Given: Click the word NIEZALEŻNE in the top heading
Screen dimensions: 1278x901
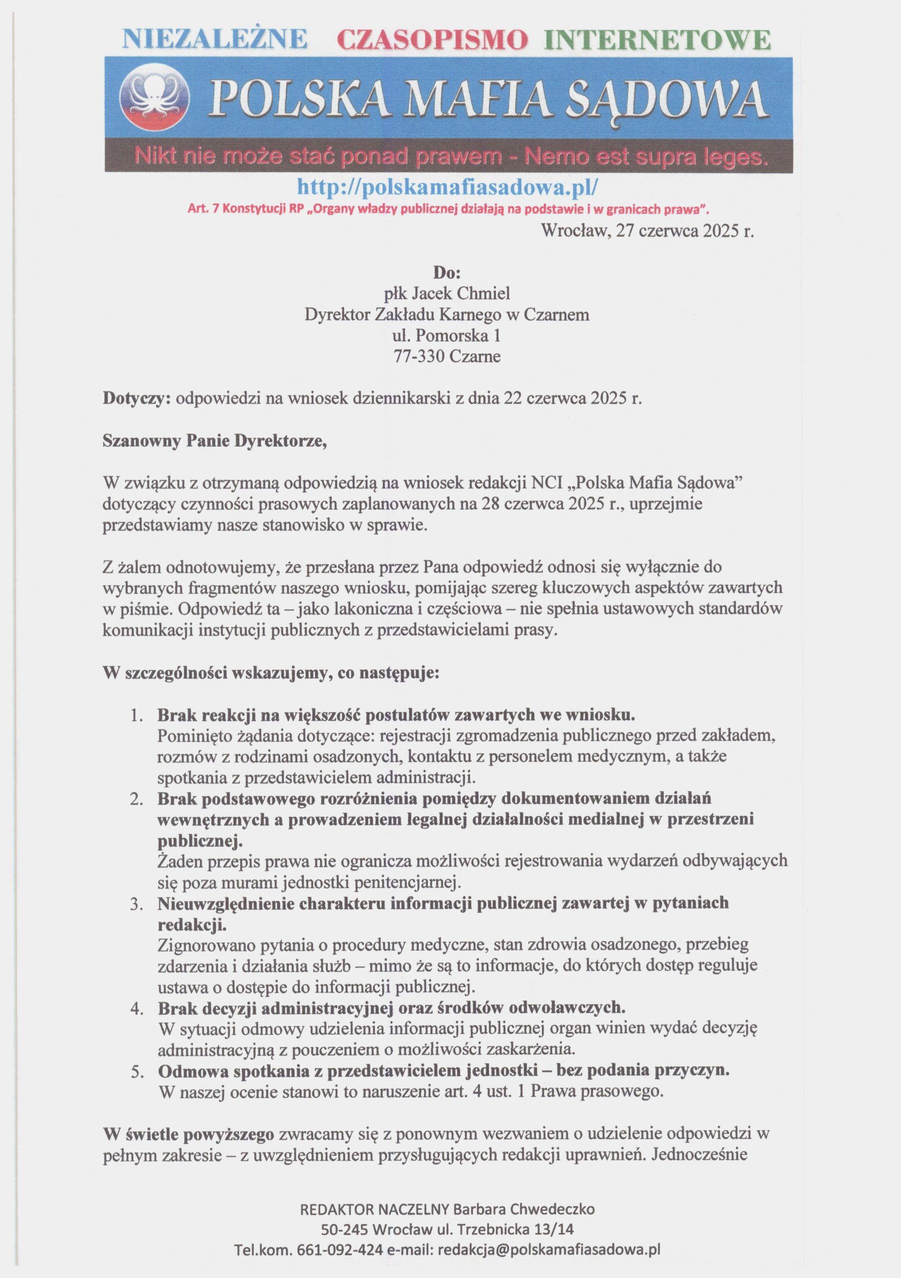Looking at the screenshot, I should click(214, 40).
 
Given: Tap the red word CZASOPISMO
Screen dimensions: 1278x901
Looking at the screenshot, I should click(433, 40).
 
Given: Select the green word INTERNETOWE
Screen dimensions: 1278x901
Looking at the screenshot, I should click(658, 40).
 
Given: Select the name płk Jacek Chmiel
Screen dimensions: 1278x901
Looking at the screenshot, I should click(447, 294).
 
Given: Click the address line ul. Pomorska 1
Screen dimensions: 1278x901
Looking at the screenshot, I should click(447, 335).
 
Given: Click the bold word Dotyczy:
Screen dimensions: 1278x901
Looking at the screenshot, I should click(136, 399).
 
